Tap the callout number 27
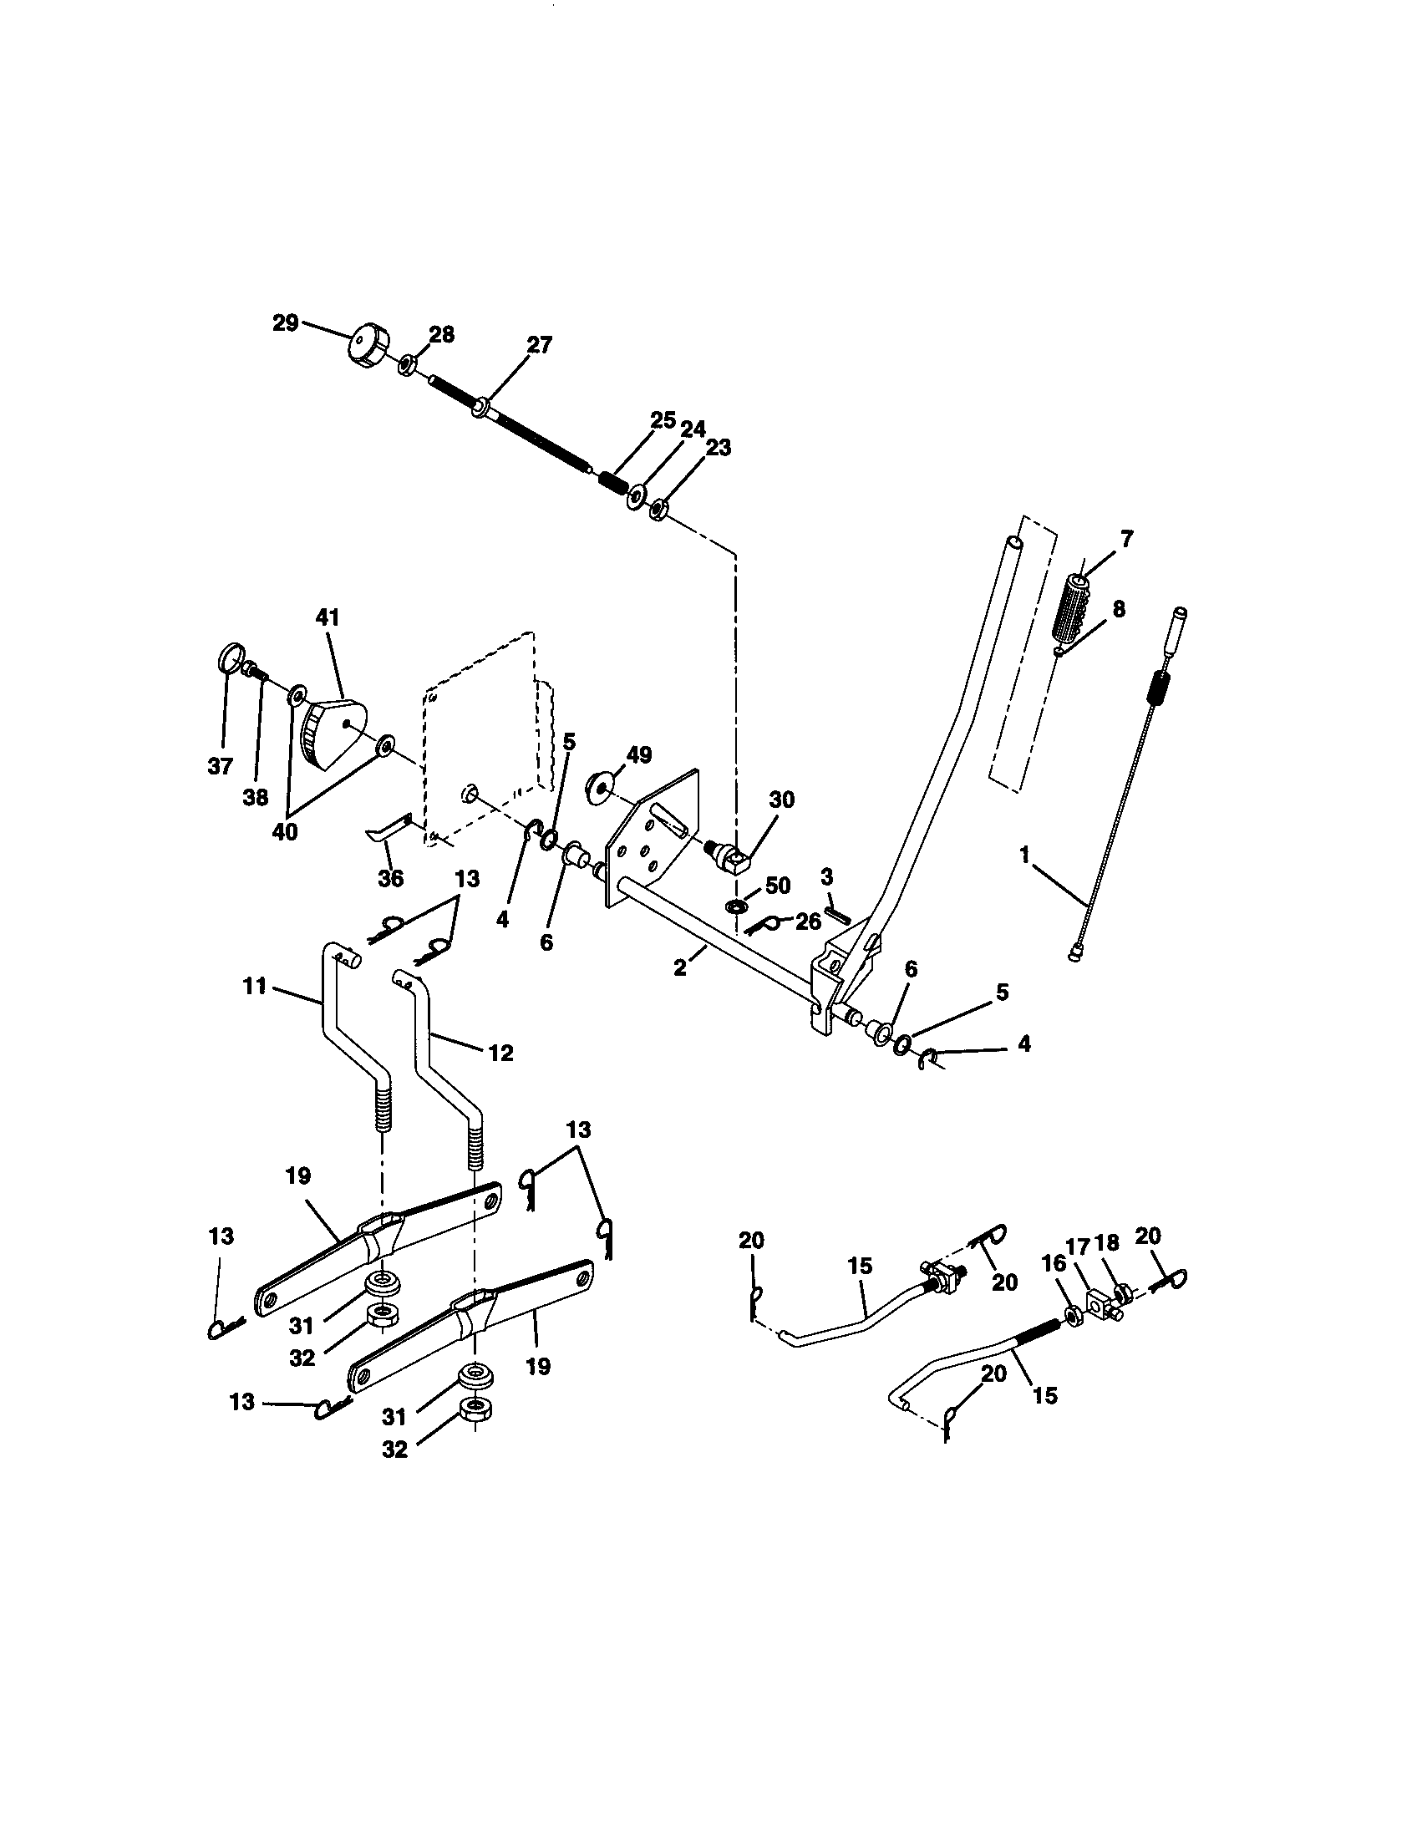540,345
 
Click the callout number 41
328,617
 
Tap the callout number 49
638,755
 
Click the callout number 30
782,800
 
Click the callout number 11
256,986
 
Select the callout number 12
500,1053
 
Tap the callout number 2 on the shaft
679,967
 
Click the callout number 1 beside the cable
1024,855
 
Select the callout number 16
1054,1264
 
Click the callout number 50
778,886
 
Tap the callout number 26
808,922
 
